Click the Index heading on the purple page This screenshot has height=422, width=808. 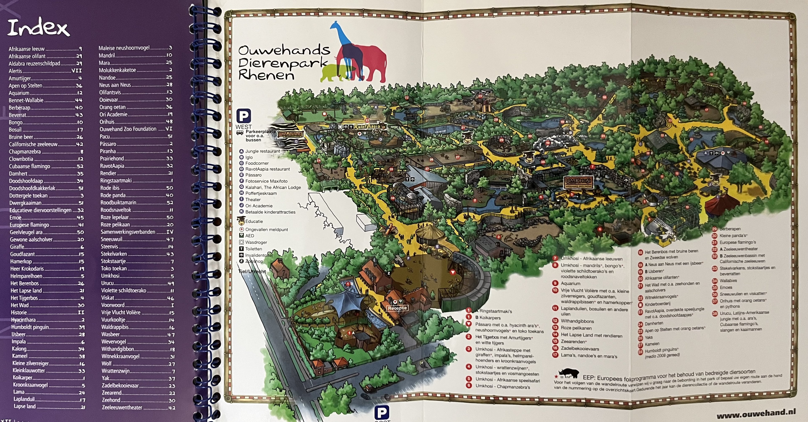coord(38,28)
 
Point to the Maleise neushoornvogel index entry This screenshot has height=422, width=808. coord(135,48)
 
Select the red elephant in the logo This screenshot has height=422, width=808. coord(370,63)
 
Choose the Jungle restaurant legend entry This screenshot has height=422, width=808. coord(262,151)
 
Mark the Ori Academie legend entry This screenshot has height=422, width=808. coord(258,206)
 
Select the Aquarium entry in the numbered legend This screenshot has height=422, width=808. coord(570,283)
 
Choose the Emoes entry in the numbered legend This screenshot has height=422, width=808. coord(726,287)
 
